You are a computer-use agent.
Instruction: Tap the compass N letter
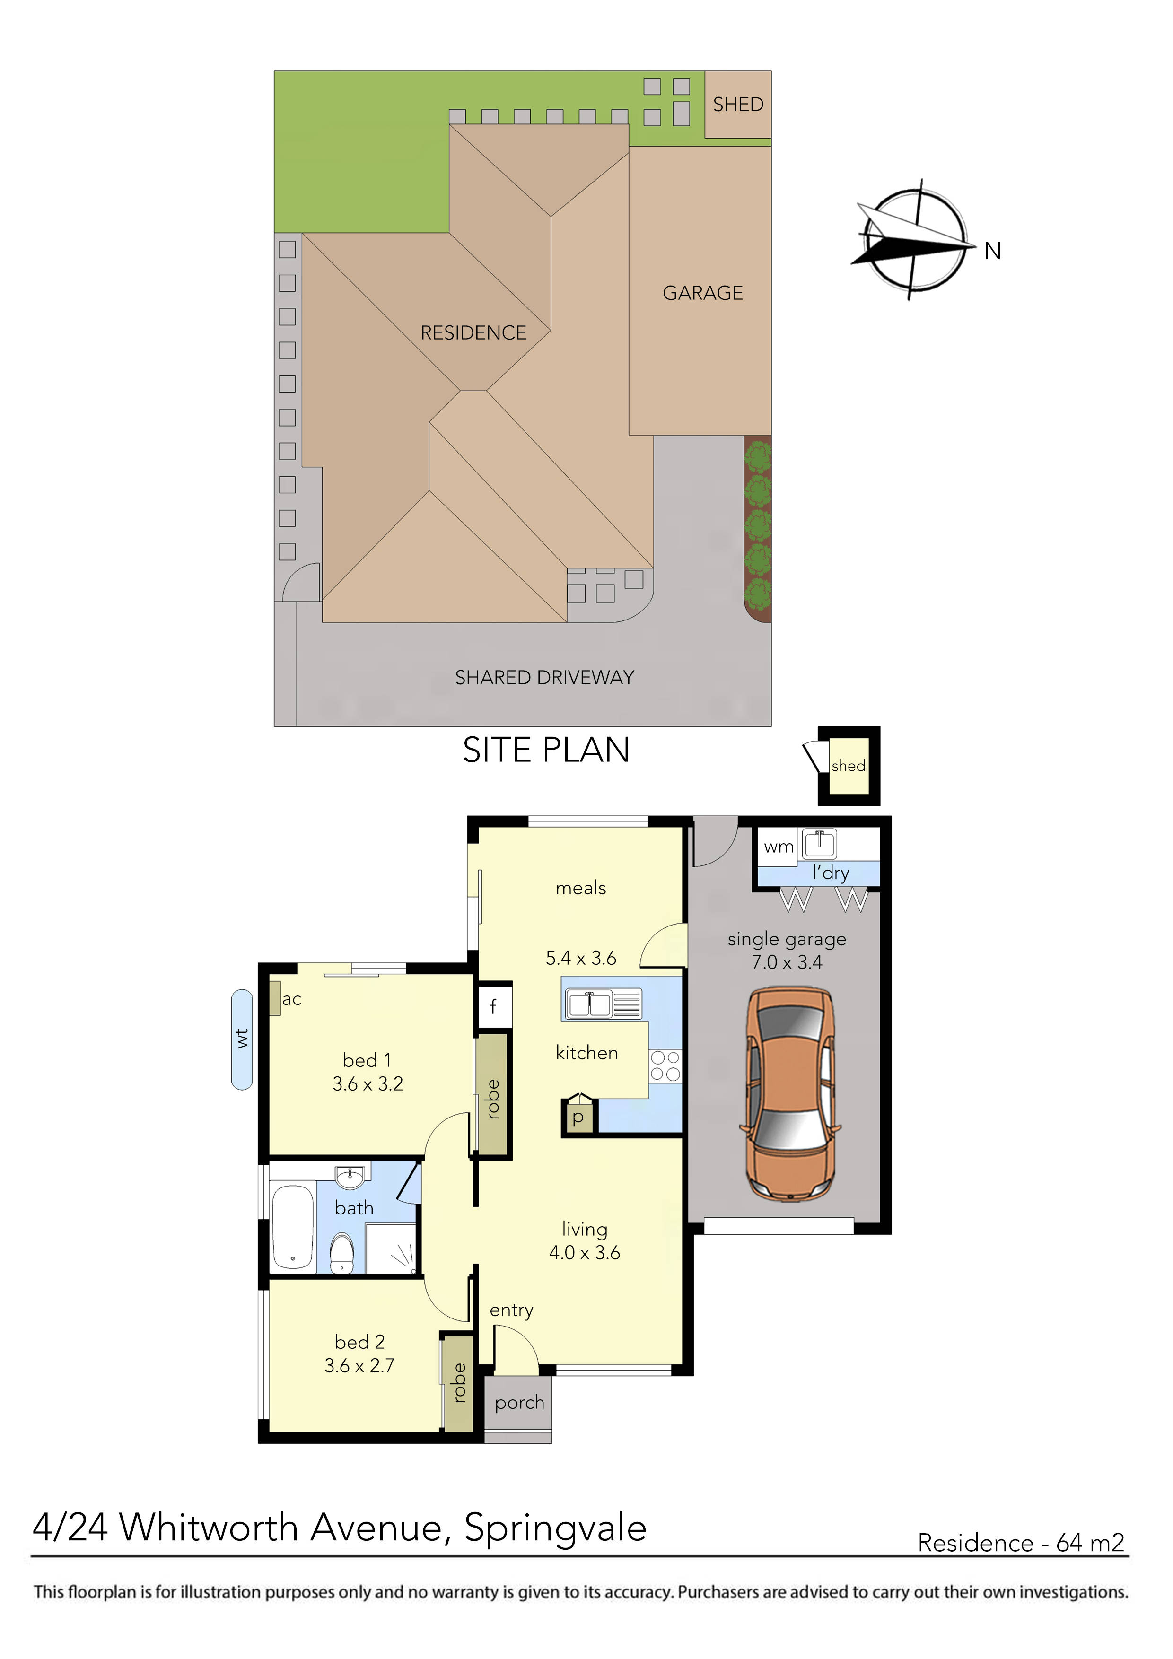point(992,252)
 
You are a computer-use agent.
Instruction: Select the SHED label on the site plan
point(738,105)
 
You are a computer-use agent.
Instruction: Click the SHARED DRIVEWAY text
point(544,678)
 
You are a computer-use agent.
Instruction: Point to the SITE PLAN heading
point(546,750)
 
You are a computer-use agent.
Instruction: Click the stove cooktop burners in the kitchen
point(665,1066)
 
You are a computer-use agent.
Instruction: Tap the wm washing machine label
point(779,847)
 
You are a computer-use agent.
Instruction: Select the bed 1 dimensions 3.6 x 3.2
point(368,1084)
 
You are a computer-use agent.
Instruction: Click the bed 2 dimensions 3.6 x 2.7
point(359,1366)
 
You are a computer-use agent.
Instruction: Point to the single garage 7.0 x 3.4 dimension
point(787,962)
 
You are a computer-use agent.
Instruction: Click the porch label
point(519,1403)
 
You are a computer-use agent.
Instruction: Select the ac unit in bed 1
point(275,998)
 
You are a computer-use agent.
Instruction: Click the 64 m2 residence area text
point(1090,1543)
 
